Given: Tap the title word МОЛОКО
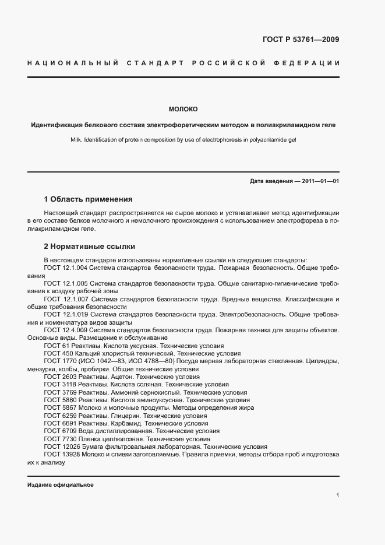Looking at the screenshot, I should pyautogui.click(x=183, y=109).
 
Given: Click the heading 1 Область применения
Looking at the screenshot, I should pyautogui.click(x=88, y=199).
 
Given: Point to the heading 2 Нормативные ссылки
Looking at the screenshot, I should pyautogui.click(x=89, y=247).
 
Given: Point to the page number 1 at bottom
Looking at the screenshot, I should pyautogui.click(x=338, y=495).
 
